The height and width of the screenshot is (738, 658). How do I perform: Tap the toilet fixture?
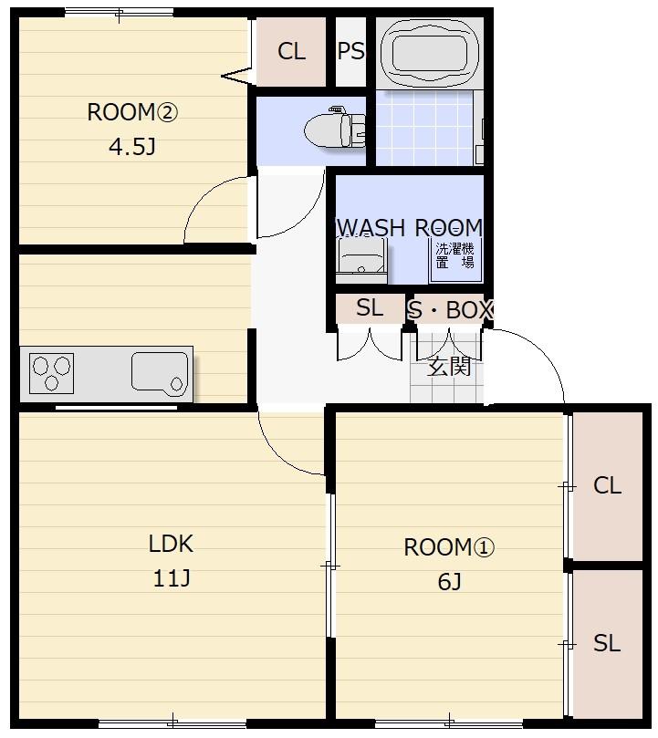[335, 128]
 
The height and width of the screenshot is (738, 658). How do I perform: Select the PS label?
[350, 51]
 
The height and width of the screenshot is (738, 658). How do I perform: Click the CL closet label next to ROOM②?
[291, 51]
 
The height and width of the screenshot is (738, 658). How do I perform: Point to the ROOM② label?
[132, 112]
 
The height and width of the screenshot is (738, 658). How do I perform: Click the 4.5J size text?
[132, 147]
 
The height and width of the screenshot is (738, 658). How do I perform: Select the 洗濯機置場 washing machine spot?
[455, 255]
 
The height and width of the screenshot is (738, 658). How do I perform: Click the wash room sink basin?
[361, 259]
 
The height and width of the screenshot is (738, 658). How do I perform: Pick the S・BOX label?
[449, 310]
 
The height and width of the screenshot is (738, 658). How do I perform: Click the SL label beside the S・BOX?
[370, 308]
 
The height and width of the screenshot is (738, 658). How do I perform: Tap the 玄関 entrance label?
[449, 367]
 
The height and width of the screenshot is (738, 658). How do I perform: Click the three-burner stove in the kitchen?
[51, 373]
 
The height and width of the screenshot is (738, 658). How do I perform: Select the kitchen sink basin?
[160, 372]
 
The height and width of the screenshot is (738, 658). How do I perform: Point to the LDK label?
[171, 544]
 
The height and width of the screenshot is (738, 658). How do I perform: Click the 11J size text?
[172, 578]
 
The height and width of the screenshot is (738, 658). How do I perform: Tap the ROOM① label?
[449, 547]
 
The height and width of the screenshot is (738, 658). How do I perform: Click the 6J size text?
[449, 582]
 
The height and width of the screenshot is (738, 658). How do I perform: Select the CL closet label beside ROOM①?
[607, 485]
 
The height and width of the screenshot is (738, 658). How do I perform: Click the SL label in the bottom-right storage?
[607, 643]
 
